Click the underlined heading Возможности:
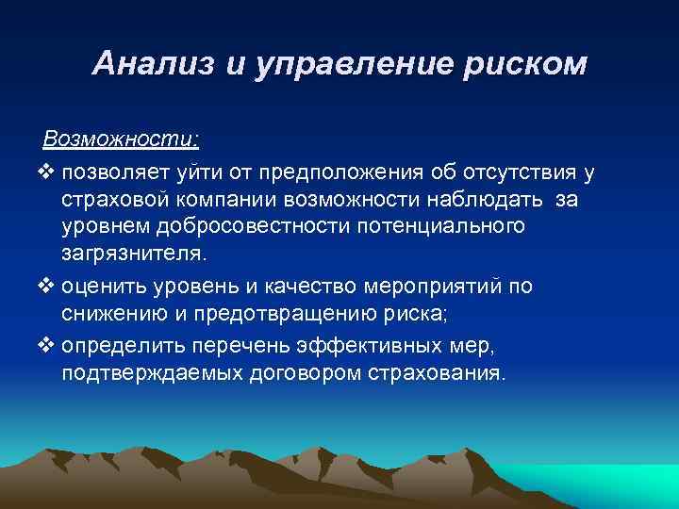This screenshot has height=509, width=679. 121,140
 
